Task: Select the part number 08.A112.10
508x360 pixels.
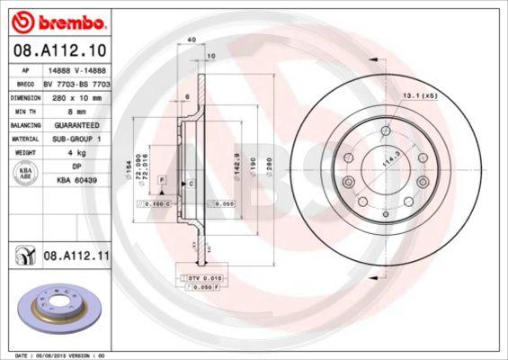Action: coord(60,50)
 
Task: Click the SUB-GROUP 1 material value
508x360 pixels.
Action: coord(71,139)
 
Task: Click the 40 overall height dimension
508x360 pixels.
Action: coord(192,40)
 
